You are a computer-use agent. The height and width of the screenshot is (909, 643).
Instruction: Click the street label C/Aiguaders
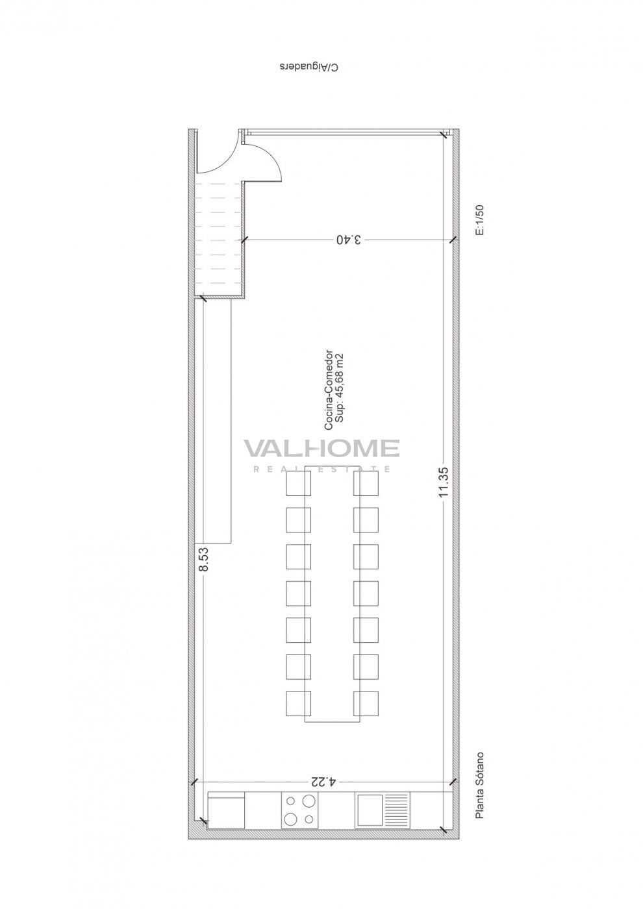pyautogui.click(x=310, y=67)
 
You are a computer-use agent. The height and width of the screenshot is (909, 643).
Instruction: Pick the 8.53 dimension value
pyautogui.click(x=203, y=558)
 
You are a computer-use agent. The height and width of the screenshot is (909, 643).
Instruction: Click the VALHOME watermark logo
pyautogui.click(x=321, y=449)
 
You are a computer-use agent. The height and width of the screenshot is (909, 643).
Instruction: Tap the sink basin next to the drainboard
pyautogui.click(x=368, y=809)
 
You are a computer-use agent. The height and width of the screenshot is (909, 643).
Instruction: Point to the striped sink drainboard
pyautogui.click(x=396, y=809)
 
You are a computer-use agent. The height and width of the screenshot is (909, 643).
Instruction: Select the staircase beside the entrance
pyautogui.click(x=220, y=238)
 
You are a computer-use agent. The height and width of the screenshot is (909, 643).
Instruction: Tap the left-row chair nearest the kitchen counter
pyautogui.click(x=299, y=704)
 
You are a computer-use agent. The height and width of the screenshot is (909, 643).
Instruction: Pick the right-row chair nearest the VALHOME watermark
pyautogui.click(x=366, y=483)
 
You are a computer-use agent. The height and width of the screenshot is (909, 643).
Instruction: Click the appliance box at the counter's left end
pyautogui.click(x=226, y=809)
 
